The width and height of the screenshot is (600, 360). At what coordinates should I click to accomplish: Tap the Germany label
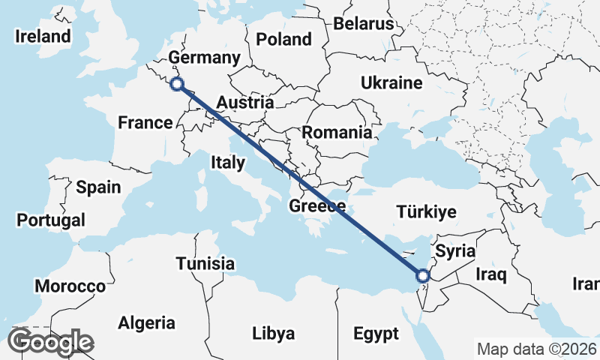coord(204,58)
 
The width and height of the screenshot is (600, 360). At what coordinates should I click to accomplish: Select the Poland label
coord(283,39)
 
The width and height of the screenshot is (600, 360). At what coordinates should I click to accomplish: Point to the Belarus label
coord(364,24)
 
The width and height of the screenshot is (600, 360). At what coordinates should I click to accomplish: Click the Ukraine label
coord(391,82)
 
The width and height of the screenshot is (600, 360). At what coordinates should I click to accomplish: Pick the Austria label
coord(245,102)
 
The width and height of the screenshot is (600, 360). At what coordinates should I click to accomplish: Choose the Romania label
coord(337,133)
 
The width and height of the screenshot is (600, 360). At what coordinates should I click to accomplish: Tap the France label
coord(145,122)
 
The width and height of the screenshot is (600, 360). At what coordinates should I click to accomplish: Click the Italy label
coord(227,162)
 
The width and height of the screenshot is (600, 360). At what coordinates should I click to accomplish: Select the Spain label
coord(98,187)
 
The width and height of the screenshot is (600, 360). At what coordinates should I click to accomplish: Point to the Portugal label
coord(50,220)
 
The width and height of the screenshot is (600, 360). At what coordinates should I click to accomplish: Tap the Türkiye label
coord(426,212)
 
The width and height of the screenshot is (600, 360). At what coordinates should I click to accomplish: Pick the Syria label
coord(455,250)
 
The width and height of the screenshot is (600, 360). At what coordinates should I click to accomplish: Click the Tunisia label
coord(205,264)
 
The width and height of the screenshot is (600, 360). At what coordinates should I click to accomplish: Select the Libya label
coord(273,333)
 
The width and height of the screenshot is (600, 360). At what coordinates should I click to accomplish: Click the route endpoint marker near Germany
coord(177,84)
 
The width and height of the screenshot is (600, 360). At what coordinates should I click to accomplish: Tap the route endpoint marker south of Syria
coord(422,276)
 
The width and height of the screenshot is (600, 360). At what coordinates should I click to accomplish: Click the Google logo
coord(50,342)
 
